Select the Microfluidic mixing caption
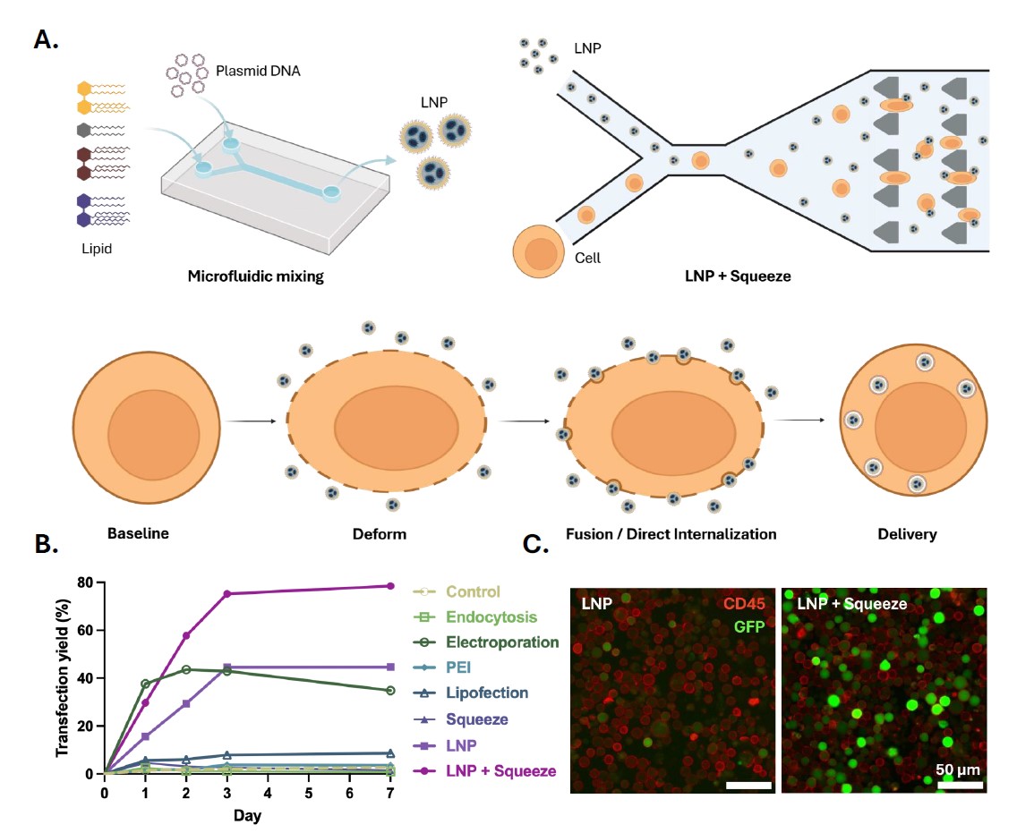255,276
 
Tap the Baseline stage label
138,534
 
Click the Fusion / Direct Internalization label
671,534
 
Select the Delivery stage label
908,534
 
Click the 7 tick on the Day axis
390,793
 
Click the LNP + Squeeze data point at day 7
390,586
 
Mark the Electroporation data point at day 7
390,691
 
